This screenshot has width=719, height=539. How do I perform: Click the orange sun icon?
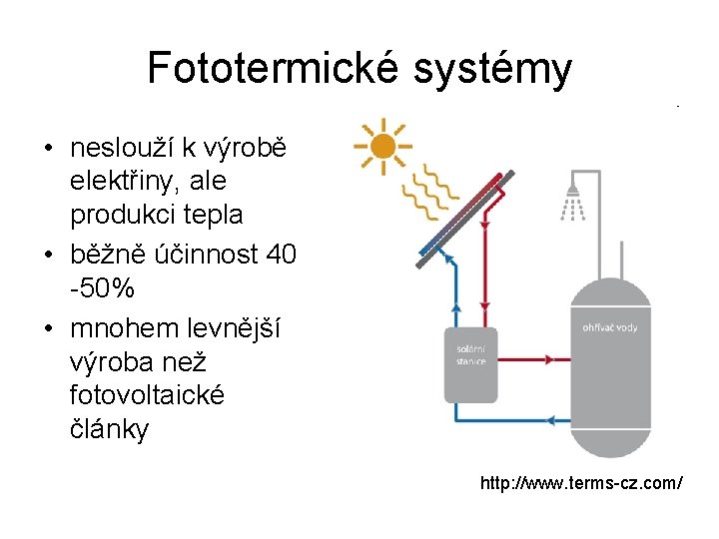(x=380, y=148)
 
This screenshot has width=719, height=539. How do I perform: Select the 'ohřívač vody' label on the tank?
(x=609, y=327)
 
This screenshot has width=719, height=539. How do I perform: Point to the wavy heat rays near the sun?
(x=432, y=191)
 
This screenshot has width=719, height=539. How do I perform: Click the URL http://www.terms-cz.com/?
(x=581, y=483)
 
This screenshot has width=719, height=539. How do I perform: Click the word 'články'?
(x=110, y=429)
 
